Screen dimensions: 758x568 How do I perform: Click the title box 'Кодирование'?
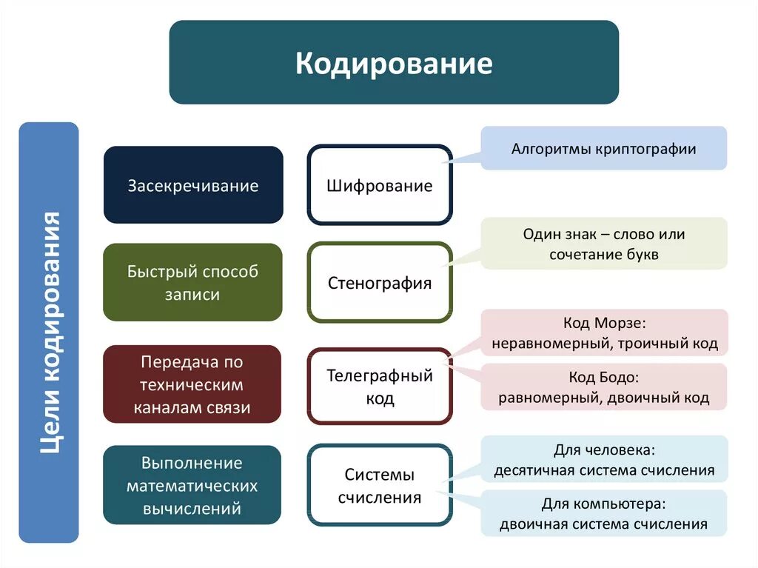[394, 62]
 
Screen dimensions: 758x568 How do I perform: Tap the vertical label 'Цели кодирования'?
[49, 332]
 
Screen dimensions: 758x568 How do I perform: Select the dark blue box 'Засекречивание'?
[193, 185]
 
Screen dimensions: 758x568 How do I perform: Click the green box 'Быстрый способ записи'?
[192, 282]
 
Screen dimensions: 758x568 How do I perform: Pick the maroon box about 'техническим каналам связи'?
[192, 384]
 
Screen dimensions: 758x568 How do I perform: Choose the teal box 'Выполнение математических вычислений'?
[192, 485]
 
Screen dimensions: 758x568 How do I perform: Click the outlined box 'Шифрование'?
[379, 185]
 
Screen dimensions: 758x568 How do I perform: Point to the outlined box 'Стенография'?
[379, 282]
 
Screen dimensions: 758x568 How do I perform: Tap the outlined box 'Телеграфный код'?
[379, 386]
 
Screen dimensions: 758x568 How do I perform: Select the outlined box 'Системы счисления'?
[379, 485]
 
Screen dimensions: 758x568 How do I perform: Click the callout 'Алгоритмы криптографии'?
[604, 148]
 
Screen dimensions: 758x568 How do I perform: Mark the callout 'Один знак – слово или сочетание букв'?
[604, 244]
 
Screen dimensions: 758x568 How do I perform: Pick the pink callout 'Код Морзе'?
[604, 333]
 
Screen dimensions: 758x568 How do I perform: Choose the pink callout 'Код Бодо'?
[604, 387]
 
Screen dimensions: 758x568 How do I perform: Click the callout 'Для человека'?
[604, 459]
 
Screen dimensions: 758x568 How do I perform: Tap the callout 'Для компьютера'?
[604, 513]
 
